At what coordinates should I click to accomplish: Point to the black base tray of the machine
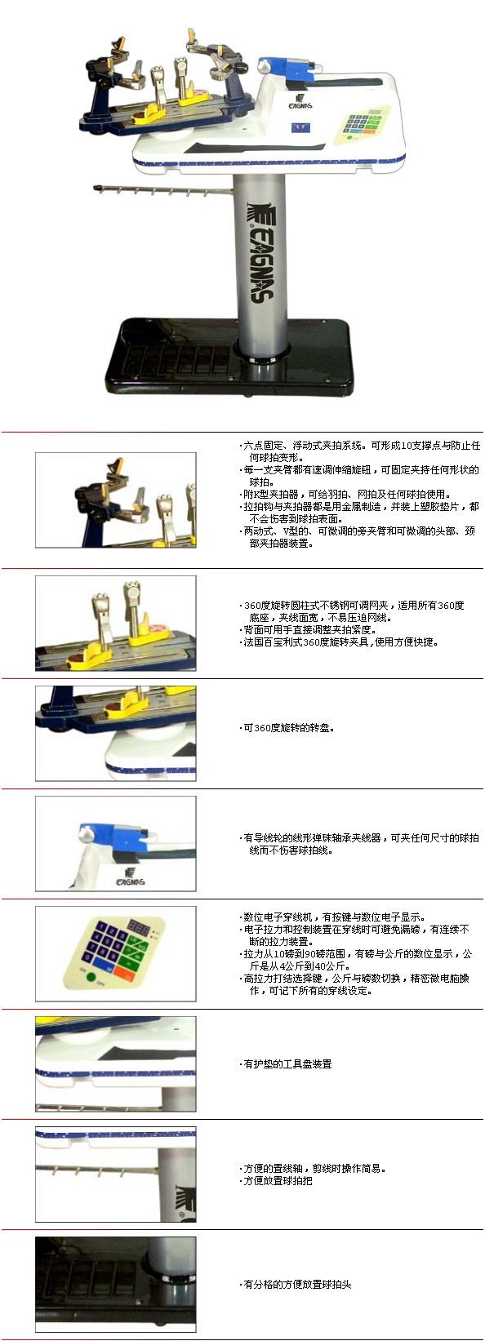(228, 356)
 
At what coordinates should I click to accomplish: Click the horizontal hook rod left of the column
(162, 191)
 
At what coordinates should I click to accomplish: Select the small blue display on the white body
(300, 127)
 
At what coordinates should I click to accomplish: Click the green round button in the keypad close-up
(91, 977)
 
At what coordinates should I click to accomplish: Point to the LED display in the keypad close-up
(138, 929)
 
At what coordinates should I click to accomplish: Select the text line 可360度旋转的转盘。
(287, 728)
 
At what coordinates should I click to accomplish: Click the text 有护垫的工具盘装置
(287, 1063)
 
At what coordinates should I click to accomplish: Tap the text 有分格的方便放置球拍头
(296, 1284)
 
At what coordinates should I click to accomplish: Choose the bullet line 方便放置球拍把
(276, 1180)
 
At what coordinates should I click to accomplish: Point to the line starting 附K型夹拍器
(345, 494)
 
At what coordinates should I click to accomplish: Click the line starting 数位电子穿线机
(333, 917)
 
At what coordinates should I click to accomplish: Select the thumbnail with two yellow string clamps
(116, 624)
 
